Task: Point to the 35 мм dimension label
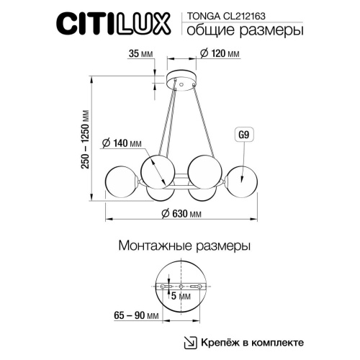click(137, 53)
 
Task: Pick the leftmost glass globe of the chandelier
click(120, 181)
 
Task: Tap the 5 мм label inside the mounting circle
click(179, 295)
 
